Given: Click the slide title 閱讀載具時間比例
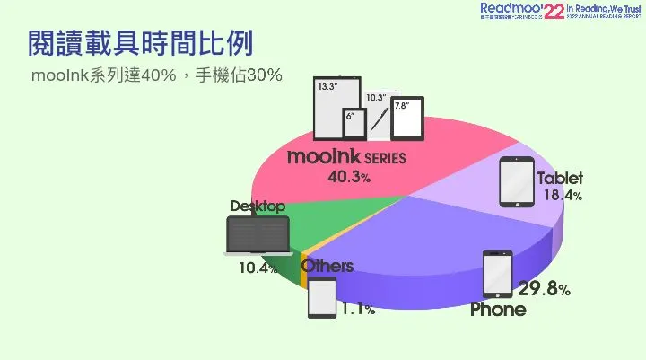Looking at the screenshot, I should pyautogui.click(x=139, y=42).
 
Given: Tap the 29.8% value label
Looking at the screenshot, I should pyautogui.click(x=544, y=289).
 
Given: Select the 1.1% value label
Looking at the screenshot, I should pyautogui.click(x=357, y=310).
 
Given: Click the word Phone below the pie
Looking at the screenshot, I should pyautogui.click(x=499, y=310).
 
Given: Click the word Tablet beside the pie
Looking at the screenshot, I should pyautogui.click(x=560, y=178).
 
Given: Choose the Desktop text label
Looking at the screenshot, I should pyautogui.click(x=258, y=206).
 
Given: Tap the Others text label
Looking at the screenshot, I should pyautogui.click(x=327, y=267).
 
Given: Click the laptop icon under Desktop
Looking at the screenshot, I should pyautogui.click(x=258, y=237).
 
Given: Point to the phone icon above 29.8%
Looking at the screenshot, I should pyautogui.click(x=497, y=274).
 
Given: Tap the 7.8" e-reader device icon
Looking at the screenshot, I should pyautogui.click(x=407, y=118).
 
